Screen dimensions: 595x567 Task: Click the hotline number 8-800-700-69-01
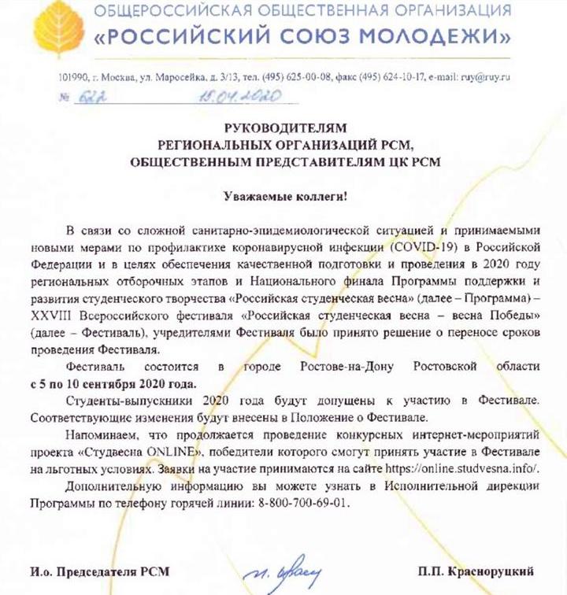click(300, 501)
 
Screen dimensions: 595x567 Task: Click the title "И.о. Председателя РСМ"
click(99, 569)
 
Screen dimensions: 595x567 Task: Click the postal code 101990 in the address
click(64, 77)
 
